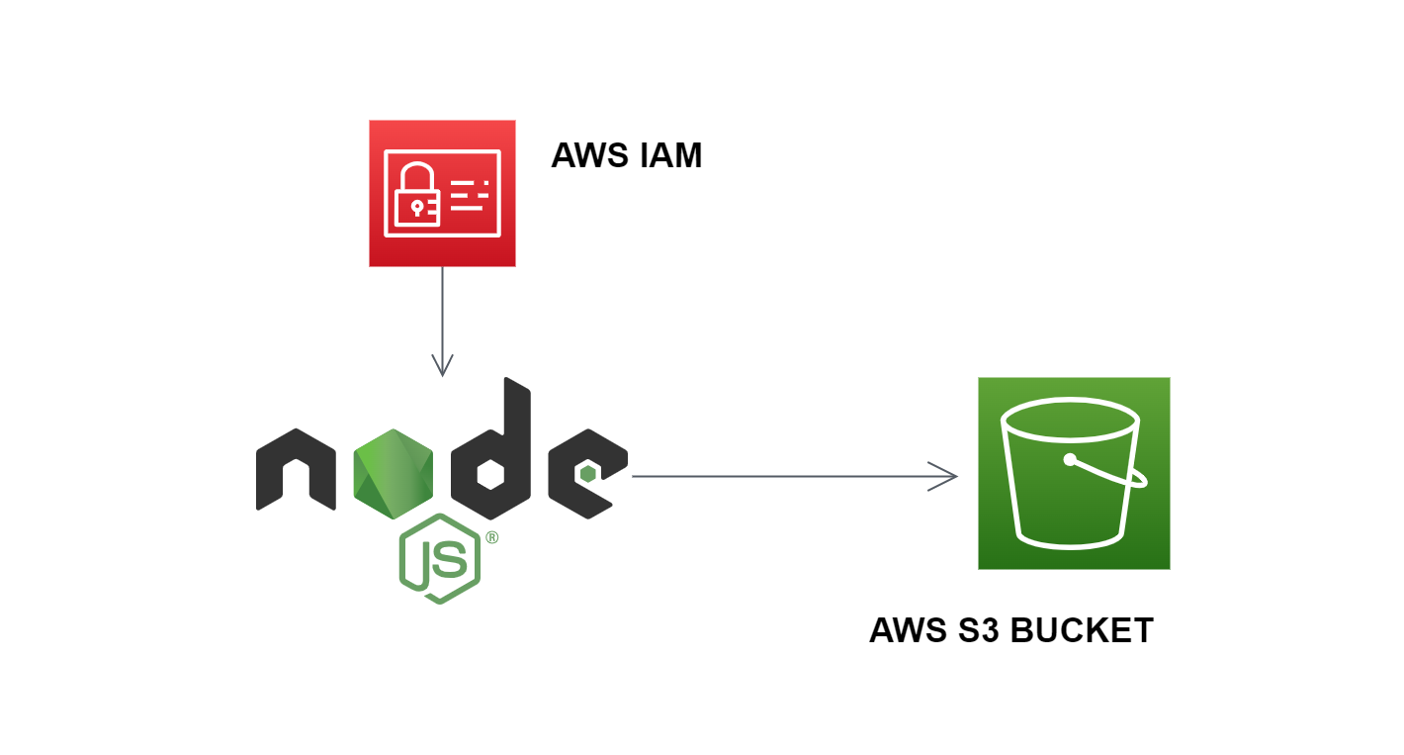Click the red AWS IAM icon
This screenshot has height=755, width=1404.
pyautogui.click(x=442, y=193)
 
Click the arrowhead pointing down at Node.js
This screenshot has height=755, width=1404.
pyautogui.click(x=442, y=367)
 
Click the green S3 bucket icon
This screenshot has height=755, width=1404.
pyautogui.click(x=1074, y=473)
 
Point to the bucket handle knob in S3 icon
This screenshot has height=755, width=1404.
pyautogui.click(x=1069, y=459)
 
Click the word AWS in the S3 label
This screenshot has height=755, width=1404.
pyautogui.click(x=909, y=630)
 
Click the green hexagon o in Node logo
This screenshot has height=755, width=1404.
pyautogui.click(x=395, y=474)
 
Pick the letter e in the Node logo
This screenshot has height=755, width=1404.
pyautogui.click(x=586, y=474)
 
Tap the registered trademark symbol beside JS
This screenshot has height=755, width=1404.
pyautogui.click(x=491, y=538)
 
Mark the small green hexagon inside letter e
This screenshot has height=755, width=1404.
pyautogui.click(x=587, y=474)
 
